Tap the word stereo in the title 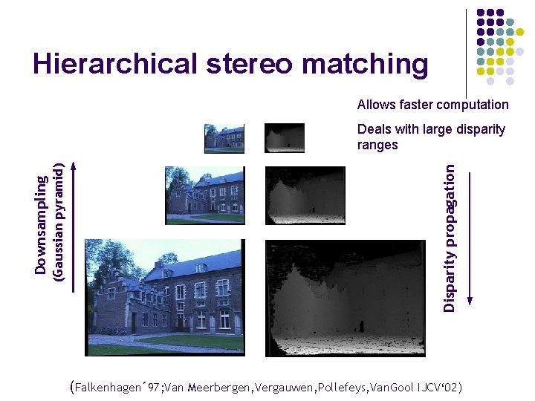(x=245, y=65)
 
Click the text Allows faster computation (x=432, y=105)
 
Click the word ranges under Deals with (x=377, y=145)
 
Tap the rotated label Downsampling (x=43, y=222)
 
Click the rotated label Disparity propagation (x=450, y=237)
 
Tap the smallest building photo (x=224, y=138)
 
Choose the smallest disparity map (x=285, y=138)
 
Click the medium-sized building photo (x=204, y=195)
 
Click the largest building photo (x=163, y=297)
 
